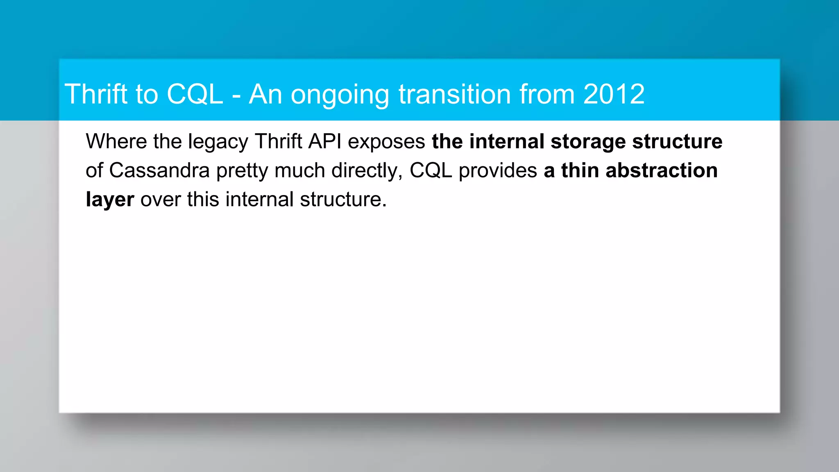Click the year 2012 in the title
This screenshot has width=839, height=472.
click(614, 94)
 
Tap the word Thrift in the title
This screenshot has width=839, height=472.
click(96, 94)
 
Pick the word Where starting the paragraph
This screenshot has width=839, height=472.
click(116, 141)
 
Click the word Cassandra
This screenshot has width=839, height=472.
click(159, 170)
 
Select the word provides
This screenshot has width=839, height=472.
click(498, 170)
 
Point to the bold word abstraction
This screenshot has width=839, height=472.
click(661, 170)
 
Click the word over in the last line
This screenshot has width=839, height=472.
click(160, 200)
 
